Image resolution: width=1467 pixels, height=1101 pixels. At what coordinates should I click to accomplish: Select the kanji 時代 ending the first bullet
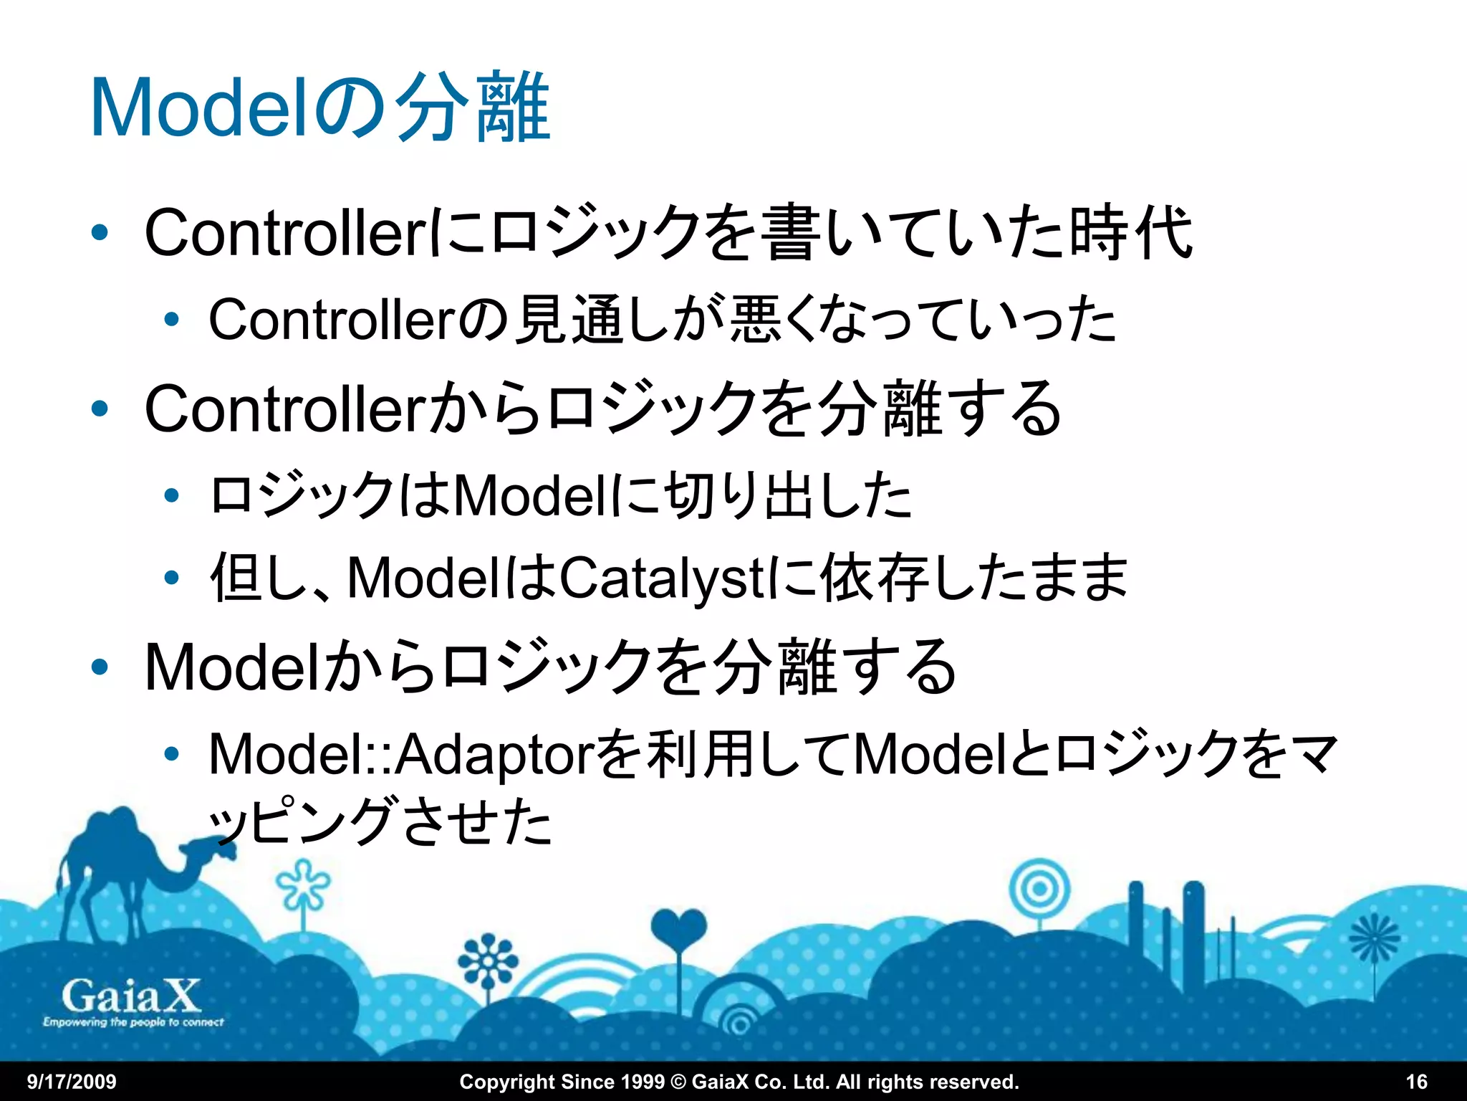(x=1130, y=232)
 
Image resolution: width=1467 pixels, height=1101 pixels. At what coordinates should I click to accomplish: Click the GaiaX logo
(x=132, y=996)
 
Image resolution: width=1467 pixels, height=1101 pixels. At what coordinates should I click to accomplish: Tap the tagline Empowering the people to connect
(x=133, y=1022)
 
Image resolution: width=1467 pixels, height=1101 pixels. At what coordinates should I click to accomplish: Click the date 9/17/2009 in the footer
(x=72, y=1082)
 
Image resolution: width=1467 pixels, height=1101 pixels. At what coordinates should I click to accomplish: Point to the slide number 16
(x=1416, y=1082)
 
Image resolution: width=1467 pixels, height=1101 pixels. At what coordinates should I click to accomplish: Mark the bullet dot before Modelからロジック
(x=100, y=667)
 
